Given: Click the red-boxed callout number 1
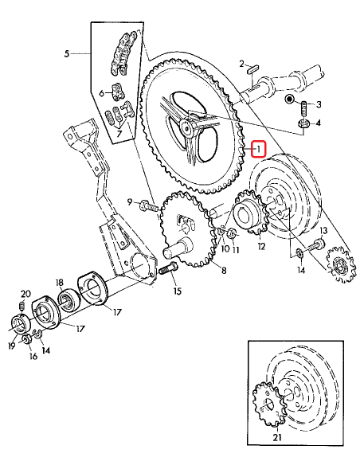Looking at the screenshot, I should point(257,149).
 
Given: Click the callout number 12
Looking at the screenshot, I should point(260,246).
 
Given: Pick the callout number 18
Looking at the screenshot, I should point(59,283).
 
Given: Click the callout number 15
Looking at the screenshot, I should point(176,291).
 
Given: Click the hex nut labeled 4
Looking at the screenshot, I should point(303,124).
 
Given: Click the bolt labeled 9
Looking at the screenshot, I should point(149,205).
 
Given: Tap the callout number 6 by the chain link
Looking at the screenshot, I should point(102,93).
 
